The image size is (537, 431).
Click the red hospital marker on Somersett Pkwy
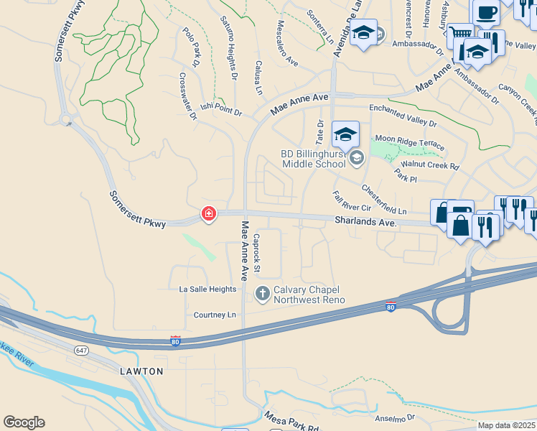pyautogui.click(x=209, y=213)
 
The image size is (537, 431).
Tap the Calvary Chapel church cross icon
pyautogui.click(x=263, y=293)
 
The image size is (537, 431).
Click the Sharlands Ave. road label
pyautogui.click(x=365, y=223)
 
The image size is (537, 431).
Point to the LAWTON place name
pyautogui.click(x=141, y=371)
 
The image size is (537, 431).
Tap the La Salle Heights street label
pyautogui.click(x=207, y=289)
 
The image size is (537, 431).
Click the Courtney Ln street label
pyautogui.click(x=215, y=315)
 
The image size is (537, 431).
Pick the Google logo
pyautogui.click(x=24, y=422)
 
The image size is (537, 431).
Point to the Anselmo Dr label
pyautogui.click(x=395, y=417)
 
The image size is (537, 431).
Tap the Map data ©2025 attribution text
pyautogui.click(x=506, y=425)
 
